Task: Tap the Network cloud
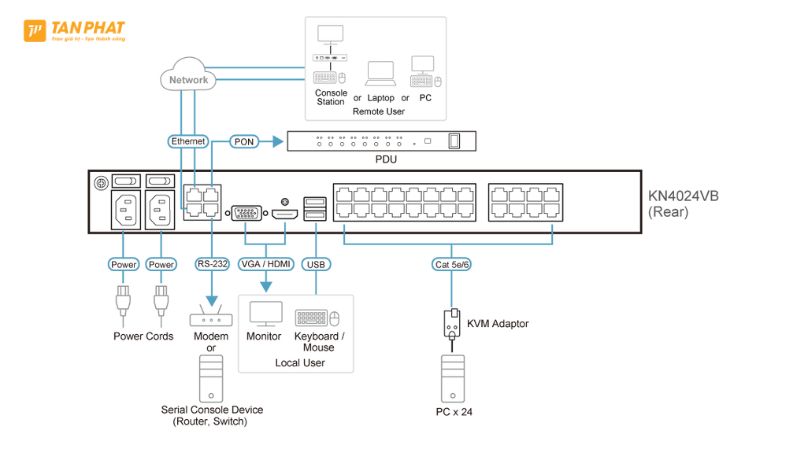188,79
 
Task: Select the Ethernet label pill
188,142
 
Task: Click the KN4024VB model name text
683,196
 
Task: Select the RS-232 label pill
211,265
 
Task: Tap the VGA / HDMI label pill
265,265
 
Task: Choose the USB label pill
316,265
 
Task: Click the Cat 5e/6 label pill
451,265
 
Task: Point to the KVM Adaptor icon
451,325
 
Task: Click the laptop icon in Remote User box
381,74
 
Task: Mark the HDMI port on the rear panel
286,215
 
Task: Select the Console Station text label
330,97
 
